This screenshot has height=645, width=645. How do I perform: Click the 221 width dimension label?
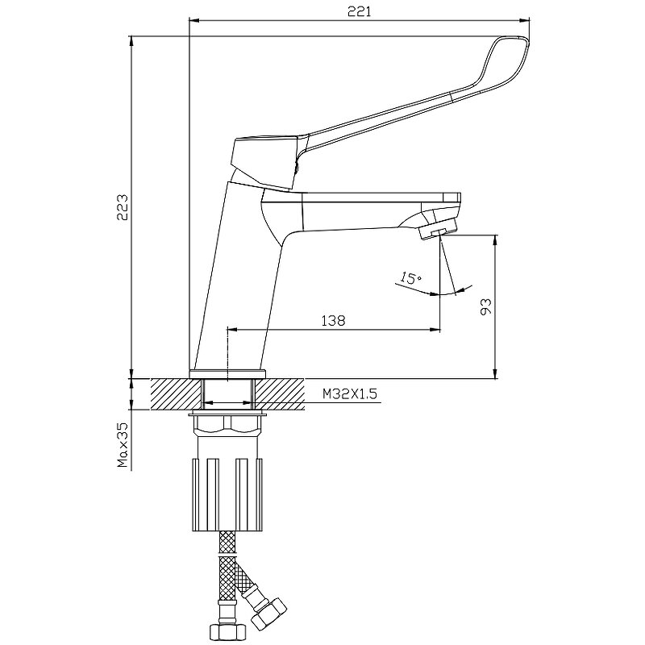click(360, 11)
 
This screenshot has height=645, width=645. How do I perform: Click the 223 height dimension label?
click(123, 207)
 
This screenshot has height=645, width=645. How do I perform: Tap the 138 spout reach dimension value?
click(333, 320)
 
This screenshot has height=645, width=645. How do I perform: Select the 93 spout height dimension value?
click(486, 306)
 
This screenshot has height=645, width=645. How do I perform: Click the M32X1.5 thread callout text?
click(350, 394)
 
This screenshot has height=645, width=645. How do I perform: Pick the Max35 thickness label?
click(123, 445)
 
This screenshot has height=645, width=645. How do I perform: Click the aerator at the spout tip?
click(438, 228)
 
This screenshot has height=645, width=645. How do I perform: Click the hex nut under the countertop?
click(227, 425)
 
